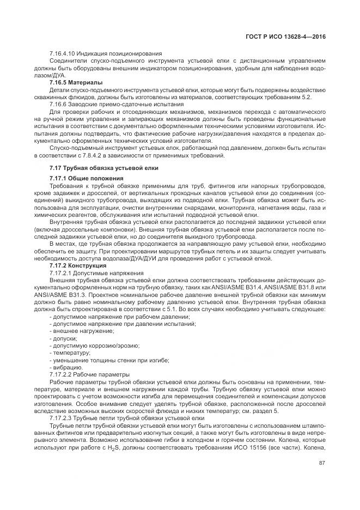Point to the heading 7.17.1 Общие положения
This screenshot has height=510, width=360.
86,178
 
